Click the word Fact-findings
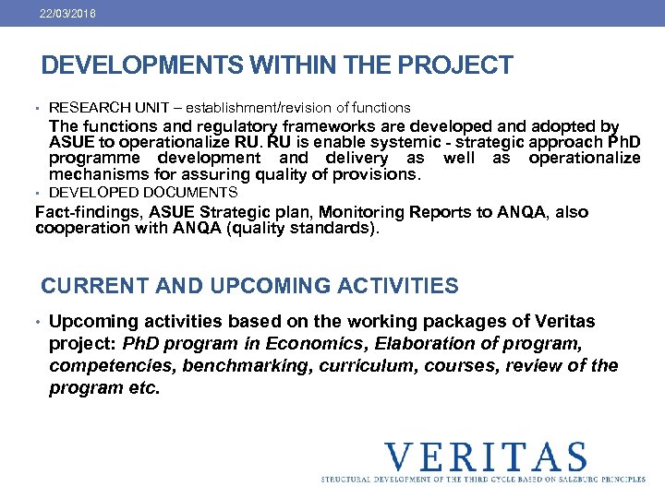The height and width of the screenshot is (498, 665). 80,212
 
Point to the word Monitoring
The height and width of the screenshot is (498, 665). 348,212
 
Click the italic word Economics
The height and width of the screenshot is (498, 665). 309,344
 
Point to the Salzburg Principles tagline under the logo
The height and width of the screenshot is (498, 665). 484,480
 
